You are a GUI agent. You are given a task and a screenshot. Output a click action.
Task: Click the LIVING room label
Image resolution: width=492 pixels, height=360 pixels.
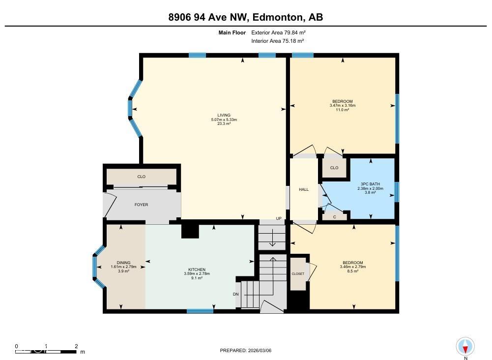(x=224, y=115)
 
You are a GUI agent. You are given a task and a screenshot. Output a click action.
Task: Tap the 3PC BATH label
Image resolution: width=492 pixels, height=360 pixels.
(x=368, y=184)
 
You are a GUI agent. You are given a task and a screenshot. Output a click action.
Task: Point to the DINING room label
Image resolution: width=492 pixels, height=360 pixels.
(x=123, y=263)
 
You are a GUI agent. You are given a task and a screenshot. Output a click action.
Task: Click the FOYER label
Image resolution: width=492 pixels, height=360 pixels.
(x=141, y=205)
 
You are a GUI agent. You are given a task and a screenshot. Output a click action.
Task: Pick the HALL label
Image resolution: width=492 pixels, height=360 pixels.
(x=304, y=189)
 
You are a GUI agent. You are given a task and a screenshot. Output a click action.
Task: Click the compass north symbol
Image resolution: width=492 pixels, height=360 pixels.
(x=465, y=347)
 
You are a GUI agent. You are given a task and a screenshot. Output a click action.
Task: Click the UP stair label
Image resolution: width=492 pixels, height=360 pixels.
(x=279, y=218)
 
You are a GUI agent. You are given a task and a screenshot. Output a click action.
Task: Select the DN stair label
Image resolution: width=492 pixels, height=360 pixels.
(x=236, y=294)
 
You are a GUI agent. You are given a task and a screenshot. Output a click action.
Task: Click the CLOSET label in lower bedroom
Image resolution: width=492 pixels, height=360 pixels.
(x=298, y=273)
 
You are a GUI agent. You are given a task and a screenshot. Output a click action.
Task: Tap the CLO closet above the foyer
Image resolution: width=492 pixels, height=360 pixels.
(x=142, y=177)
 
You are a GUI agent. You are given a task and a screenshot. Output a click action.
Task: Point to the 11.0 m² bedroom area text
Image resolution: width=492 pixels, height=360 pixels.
(x=342, y=110)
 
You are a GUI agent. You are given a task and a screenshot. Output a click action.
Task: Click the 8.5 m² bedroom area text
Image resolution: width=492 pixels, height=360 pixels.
(x=352, y=271)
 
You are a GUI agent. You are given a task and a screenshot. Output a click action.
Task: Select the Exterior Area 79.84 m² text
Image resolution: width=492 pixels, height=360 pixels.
(x=278, y=32)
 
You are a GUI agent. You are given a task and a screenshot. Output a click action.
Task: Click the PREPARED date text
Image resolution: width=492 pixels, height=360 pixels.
(x=246, y=350)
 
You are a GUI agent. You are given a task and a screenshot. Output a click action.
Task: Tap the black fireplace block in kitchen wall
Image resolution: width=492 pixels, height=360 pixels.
(x=189, y=231)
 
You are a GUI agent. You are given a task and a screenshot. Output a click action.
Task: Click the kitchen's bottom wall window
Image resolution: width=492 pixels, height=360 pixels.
(x=200, y=311)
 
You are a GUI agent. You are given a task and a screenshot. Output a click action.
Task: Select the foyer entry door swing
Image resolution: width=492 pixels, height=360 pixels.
(x=110, y=204)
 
